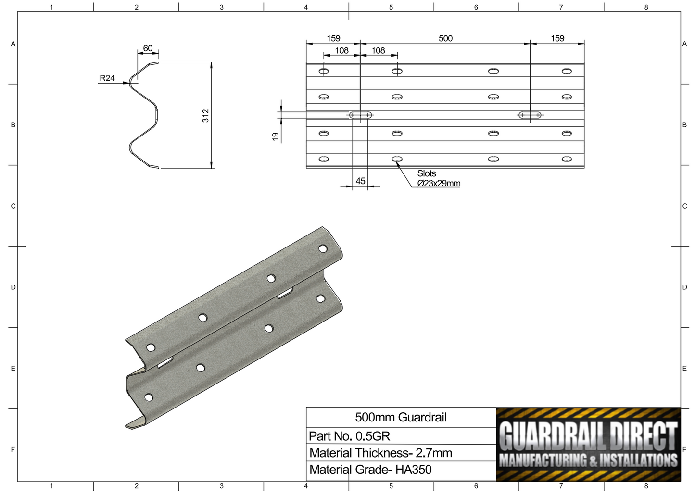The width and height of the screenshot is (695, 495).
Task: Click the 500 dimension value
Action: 445,38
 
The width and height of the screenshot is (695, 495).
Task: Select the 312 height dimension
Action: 206,115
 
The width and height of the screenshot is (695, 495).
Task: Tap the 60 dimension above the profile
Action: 148,48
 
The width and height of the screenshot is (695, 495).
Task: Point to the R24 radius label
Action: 107,78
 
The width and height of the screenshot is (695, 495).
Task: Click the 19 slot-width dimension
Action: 276,136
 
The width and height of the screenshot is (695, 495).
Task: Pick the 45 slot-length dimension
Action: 360,181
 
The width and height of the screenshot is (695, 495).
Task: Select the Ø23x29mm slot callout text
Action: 439,183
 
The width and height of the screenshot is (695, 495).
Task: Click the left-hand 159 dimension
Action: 333,38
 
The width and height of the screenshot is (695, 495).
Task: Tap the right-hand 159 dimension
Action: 557,38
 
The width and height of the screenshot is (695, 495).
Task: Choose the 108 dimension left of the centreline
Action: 341,50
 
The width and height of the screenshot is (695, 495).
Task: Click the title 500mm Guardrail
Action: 401,417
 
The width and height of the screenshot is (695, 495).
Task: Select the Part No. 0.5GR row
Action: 350,436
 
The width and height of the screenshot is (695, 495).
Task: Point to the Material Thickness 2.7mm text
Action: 380,453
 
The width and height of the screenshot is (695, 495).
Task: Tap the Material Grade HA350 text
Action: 370,470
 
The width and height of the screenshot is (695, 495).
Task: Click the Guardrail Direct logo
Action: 588,445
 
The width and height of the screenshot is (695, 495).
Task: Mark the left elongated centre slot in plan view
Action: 360,115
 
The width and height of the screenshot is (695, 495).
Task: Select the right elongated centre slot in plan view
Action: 530,115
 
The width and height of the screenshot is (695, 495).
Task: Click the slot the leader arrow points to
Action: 397,159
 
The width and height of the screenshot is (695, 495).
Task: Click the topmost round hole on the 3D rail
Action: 323,248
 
